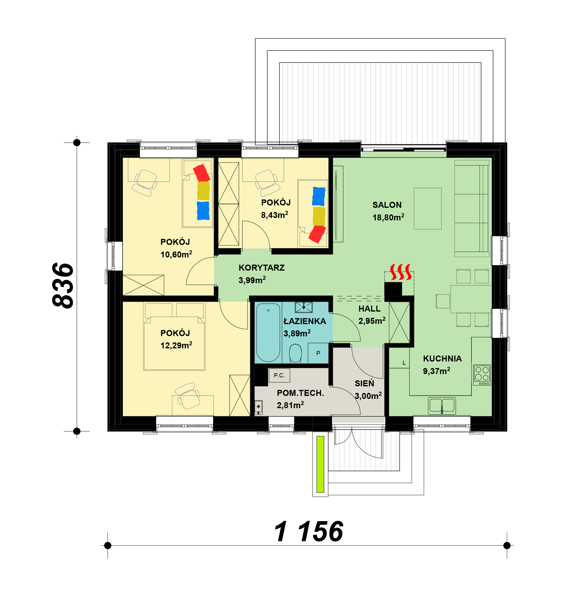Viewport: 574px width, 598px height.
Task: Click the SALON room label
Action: pyautogui.click(x=387, y=205)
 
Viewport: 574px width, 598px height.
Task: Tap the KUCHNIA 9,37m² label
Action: pyautogui.click(x=442, y=365)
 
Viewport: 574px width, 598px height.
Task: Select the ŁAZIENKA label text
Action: pyautogui.click(x=305, y=321)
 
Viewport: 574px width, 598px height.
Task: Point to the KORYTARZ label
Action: pyautogui.click(x=261, y=268)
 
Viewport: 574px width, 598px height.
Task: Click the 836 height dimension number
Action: pyautogui.click(x=62, y=286)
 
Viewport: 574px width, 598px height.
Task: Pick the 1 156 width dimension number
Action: pyautogui.click(x=309, y=532)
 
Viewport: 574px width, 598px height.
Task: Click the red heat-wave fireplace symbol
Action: pyautogui.click(x=401, y=272)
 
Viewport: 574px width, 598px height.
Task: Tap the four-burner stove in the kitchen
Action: pyautogui.click(x=482, y=375)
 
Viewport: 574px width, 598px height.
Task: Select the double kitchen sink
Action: pyautogui.click(x=442, y=406)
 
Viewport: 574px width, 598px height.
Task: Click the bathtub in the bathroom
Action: pyautogui.click(x=268, y=332)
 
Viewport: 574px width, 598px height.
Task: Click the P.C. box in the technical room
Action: pyautogui.click(x=279, y=375)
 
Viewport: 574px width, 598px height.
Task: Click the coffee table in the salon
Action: pyautogui.click(x=427, y=208)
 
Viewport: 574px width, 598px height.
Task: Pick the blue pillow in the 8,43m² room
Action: pyautogui.click(x=318, y=196)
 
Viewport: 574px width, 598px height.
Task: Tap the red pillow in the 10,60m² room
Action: pyautogui.click(x=201, y=173)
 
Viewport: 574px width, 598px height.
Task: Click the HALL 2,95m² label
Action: pyautogui.click(x=372, y=315)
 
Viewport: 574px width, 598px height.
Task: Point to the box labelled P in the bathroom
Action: pyautogui.click(x=318, y=353)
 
